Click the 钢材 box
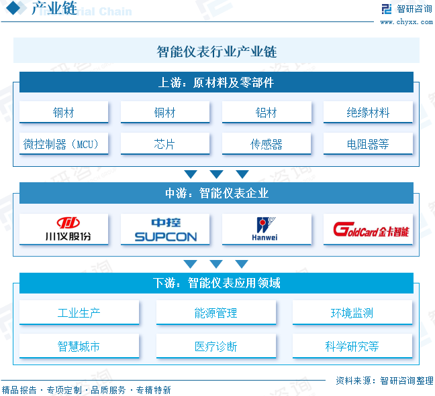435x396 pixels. [64, 113]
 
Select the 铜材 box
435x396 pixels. [165, 113]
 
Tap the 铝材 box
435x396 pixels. [267, 113]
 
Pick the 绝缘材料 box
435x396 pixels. [368, 113]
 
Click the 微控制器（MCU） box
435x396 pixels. [64, 143]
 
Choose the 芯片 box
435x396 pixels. [165, 143]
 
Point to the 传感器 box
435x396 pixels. [267, 143]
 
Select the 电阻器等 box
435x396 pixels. [368, 143]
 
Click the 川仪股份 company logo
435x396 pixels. [64, 229]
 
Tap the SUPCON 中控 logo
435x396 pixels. [165, 229]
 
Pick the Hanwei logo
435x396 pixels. [267, 229]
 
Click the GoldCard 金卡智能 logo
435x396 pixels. [368, 229]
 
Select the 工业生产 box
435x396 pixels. [79, 312]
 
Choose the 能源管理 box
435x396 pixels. [215, 312]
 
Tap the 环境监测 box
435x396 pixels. [352, 312]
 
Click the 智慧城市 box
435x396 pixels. [79, 346]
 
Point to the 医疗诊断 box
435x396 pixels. [215, 346]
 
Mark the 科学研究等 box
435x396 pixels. [352, 346]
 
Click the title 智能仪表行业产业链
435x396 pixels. [216, 52]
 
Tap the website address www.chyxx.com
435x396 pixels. [406, 22]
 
